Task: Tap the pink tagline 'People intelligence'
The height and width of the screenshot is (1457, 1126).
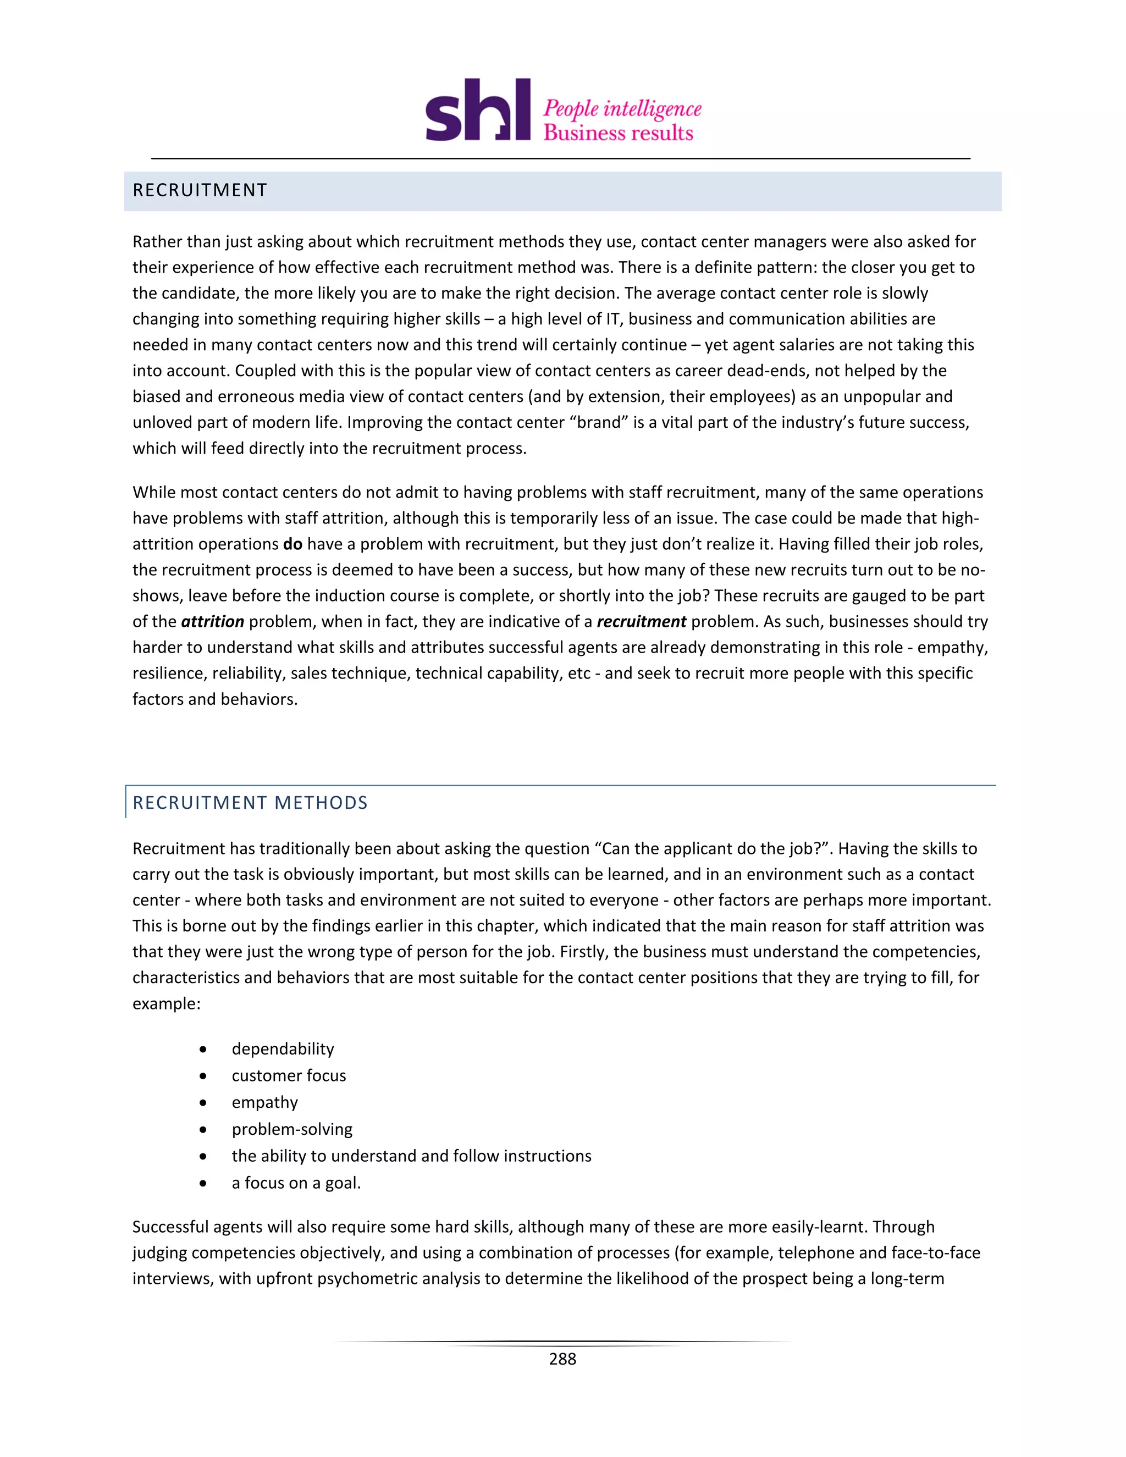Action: coord(622,109)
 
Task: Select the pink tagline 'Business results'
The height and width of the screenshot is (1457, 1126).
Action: coord(619,133)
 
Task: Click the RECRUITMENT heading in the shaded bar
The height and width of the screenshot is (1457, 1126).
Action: coord(200,191)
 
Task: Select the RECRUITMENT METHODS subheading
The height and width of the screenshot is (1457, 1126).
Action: coord(250,803)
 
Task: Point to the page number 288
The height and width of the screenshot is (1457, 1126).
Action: coord(562,1359)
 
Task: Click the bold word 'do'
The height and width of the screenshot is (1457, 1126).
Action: coord(293,544)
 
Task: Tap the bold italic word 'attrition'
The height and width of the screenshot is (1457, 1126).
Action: coord(213,622)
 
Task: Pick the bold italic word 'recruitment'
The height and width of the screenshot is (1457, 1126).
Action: coord(641,622)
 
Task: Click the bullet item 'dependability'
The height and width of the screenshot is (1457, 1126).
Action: coord(283,1048)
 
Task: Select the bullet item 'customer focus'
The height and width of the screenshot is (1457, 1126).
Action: coord(289,1075)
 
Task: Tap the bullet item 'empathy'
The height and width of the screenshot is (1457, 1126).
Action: coord(265,1102)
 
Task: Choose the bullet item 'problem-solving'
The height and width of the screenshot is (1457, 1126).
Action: coord(292,1129)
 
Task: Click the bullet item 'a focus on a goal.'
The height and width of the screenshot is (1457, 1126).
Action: coord(296,1183)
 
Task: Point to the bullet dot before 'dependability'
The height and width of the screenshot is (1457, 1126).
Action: coord(203,1050)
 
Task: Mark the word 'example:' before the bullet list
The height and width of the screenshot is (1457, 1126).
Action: coord(166,1004)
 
